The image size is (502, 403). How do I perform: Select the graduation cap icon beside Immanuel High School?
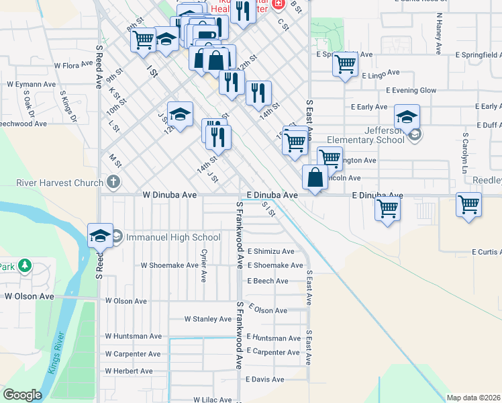(x=100, y=235)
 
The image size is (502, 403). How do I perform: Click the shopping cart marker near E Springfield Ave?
(x=345, y=65)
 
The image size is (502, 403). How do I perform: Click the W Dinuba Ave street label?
(x=170, y=195)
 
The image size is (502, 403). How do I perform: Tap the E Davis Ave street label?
(x=265, y=379)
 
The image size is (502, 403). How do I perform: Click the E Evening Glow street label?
(x=411, y=90)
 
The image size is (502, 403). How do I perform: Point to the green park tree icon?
(x=25, y=265)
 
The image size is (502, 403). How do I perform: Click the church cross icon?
(x=113, y=182)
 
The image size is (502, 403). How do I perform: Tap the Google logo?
(x=22, y=395)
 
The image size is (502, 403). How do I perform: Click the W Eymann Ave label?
(x=32, y=85)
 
